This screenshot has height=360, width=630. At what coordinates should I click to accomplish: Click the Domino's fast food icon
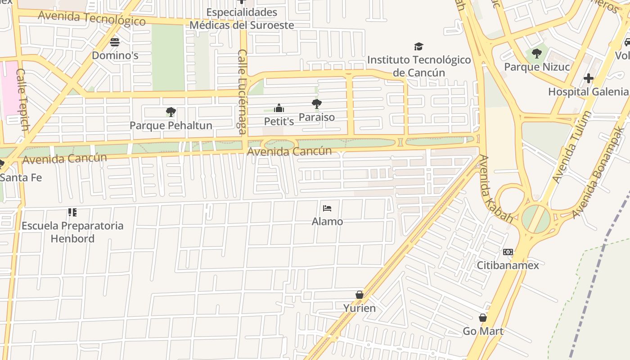tap(115, 42)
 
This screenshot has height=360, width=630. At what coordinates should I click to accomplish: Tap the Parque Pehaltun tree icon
tap(171, 112)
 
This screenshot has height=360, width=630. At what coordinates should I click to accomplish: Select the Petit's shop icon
tap(279, 108)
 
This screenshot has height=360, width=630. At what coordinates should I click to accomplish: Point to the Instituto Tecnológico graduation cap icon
tap(419, 47)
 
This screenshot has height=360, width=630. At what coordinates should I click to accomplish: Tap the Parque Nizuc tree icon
tap(536, 54)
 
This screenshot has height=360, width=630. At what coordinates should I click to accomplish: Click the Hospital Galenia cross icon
tap(588, 79)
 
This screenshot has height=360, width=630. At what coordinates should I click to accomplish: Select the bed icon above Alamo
tap(327, 208)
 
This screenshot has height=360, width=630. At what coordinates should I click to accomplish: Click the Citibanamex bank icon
tap(508, 252)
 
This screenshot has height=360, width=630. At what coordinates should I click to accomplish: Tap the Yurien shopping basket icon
tap(359, 295)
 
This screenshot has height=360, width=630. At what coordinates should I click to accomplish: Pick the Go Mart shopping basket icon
tap(483, 318)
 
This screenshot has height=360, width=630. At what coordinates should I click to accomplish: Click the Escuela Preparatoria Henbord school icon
tap(72, 212)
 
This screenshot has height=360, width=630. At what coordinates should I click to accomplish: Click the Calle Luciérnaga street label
tap(243, 92)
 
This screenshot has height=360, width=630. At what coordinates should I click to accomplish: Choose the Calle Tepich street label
tap(22, 99)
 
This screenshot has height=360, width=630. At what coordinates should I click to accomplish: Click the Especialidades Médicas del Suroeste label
tap(242, 18)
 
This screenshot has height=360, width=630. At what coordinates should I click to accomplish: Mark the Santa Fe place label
tap(21, 177)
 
